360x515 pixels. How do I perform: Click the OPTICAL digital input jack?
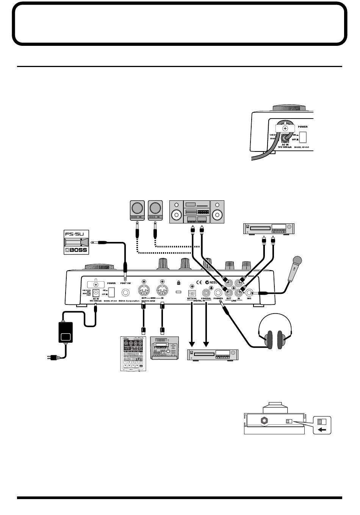(x=192, y=293)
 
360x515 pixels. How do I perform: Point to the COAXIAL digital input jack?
(x=206, y=293)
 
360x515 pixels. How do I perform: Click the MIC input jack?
(x=249, y=293)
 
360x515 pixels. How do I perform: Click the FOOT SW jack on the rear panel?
(x=125, y=293)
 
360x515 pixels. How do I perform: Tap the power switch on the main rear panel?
(x=111, y=292)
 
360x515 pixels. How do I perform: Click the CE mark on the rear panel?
(x=196, y=282)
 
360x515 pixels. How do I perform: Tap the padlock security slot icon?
(x=178, y=282)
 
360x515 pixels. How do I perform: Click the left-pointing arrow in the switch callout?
(x=321, y=429)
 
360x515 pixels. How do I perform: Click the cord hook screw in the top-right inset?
(x=285, y=129)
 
